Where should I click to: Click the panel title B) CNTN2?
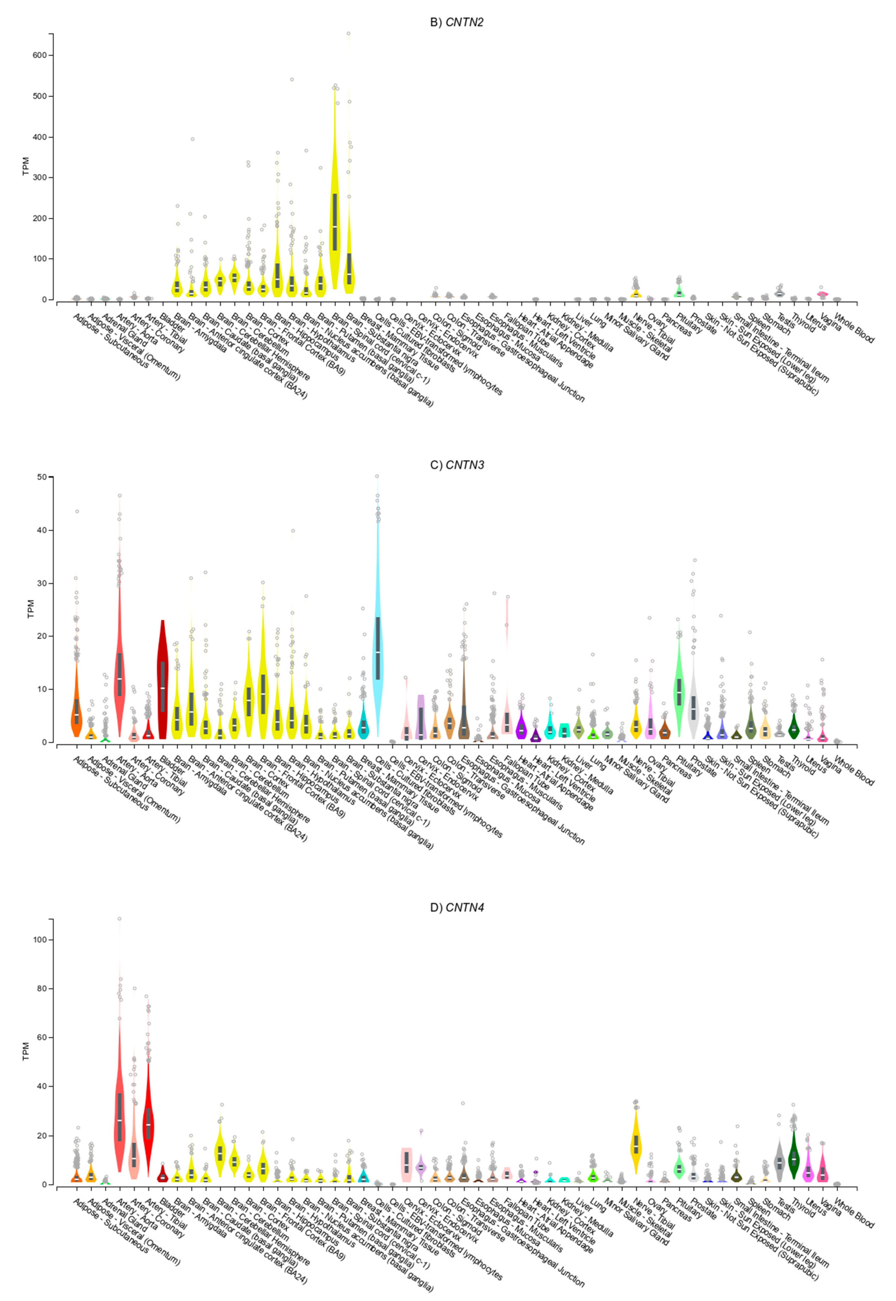point(456,22)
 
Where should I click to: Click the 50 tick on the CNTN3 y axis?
point(43,477)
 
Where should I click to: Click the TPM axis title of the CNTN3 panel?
point(31,609)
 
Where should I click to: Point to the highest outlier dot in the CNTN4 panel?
point(119,919)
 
